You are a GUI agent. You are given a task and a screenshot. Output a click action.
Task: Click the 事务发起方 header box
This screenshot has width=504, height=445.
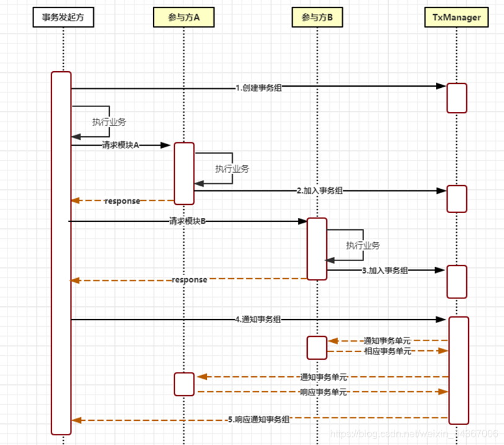63,18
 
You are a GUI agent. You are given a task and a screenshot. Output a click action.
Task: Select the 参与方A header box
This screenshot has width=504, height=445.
184,18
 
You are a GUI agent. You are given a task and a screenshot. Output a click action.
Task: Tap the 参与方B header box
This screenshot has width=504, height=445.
317,18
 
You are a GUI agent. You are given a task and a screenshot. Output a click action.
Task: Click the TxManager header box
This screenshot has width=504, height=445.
456,18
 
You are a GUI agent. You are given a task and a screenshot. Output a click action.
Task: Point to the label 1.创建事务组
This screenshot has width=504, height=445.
259,89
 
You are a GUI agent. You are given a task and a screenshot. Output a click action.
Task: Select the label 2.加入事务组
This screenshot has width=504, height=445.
319,191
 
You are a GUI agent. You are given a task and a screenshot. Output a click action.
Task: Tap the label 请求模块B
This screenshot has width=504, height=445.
187,221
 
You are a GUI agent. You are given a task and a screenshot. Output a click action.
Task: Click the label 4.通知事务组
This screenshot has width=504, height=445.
258,319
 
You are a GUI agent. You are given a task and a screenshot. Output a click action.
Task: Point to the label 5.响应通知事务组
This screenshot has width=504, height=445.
259,420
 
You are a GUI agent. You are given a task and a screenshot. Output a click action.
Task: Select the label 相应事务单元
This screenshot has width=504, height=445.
387,352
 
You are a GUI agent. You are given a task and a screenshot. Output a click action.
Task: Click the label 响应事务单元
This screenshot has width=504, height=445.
323,392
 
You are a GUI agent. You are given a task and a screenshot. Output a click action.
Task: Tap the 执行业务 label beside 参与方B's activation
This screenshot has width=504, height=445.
363,246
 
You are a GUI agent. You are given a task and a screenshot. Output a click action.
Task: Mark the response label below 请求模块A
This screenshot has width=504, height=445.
122,201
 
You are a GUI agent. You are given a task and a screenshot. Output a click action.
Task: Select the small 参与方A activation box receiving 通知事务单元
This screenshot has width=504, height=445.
184,384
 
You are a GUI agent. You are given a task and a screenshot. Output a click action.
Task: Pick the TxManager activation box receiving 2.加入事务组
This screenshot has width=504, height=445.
457,198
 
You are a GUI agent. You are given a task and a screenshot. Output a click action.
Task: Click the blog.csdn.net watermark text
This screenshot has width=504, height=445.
413,434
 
